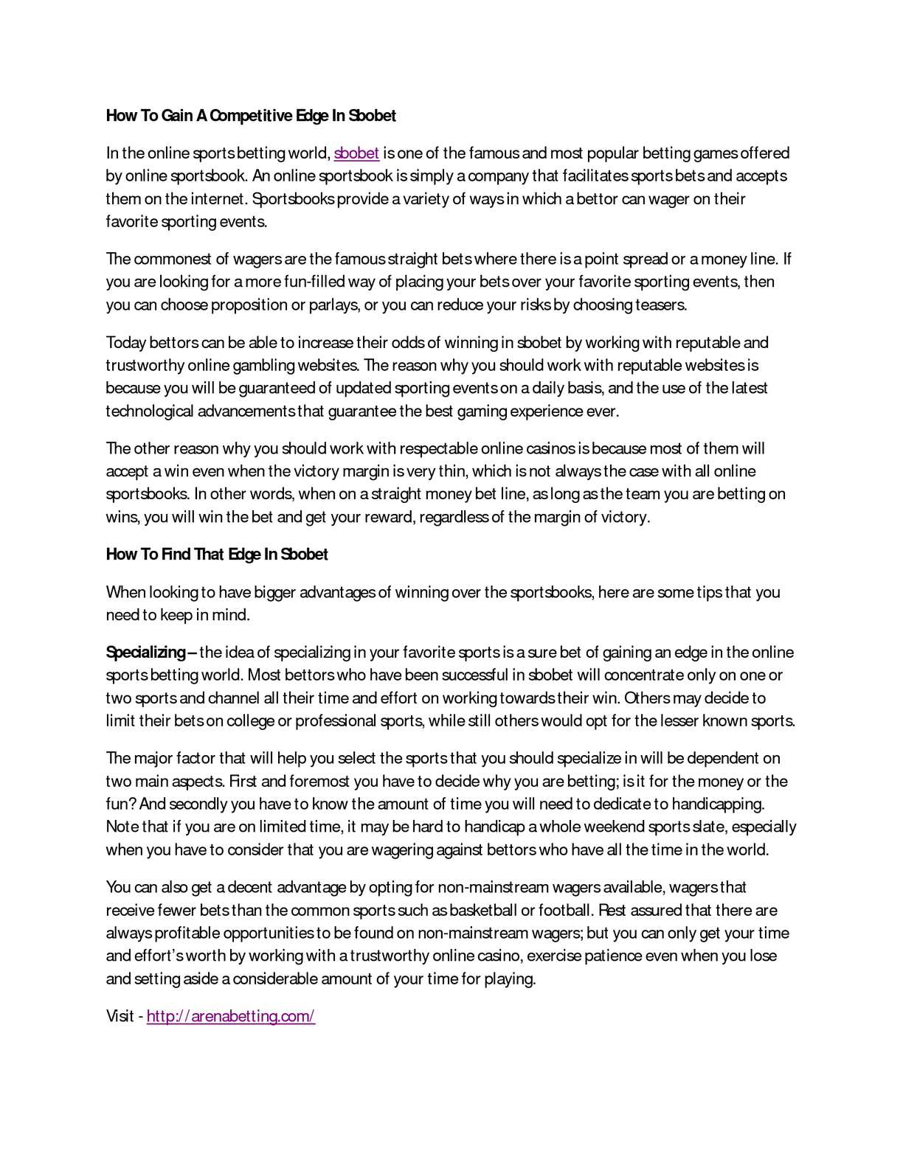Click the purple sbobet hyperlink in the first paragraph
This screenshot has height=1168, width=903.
[x=356, y=153]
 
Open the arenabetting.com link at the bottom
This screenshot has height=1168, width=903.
[x=231, y=1016]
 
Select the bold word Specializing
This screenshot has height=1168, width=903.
[x=145, y=653]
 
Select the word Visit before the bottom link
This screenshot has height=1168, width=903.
[x=120, y=1016]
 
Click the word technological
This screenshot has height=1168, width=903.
[x=150, y=411]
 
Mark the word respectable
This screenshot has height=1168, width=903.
[x=438, y=448]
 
